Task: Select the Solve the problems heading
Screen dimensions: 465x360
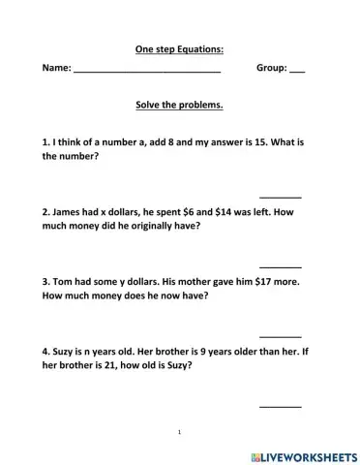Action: tap(180, 106)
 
